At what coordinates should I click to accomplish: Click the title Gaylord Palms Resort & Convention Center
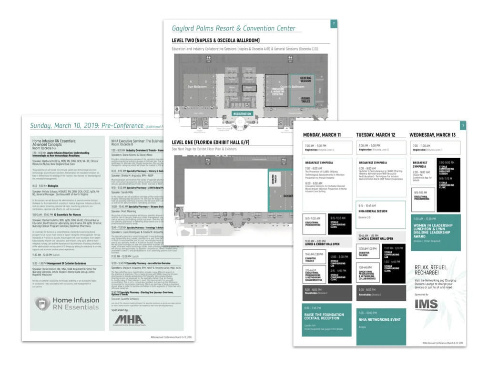tap(234, 29)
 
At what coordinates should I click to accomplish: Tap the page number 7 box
tap(334, 24)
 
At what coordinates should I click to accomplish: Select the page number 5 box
tap(463, 126)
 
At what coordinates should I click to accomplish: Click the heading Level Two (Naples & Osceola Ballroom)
tap(215, 41)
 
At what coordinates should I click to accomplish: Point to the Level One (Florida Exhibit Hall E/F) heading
tap(217, 142)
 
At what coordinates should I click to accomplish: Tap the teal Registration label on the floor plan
tap(242, 113)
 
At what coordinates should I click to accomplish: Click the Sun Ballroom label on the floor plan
tap(197, 87)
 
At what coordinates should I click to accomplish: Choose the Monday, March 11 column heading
tap(322, 135)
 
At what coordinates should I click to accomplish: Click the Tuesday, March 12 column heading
tap(376, 135)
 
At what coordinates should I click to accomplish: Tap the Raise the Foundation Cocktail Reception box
tap(326, 318)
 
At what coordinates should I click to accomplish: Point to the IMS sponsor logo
tap(426, 305)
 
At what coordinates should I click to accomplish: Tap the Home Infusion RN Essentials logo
tap(67, 304)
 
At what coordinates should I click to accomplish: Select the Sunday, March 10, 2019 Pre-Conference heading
tap(86, 126)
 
